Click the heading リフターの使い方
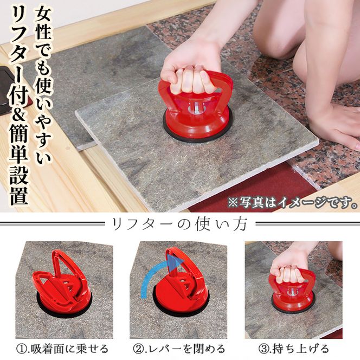point(180,224)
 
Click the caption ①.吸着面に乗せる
point(62,349)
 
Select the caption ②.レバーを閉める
point(179,349)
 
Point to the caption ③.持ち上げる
point(294,349)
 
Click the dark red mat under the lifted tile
point(248,190)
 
